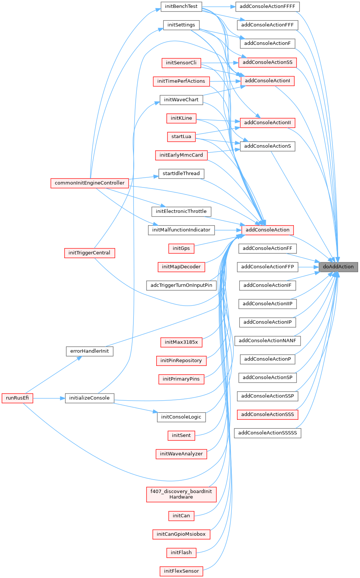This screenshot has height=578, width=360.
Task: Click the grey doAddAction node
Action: click(338, 267)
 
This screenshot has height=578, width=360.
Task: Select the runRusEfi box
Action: click(17, 398)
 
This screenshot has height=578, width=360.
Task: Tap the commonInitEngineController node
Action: click(89, 183)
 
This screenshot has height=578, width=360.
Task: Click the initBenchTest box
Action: click(181, 6)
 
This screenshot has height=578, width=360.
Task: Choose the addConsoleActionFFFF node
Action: click(267, 6)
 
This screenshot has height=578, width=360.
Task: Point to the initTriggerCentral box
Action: click(89, 253)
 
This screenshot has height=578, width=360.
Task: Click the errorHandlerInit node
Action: click(89, 351)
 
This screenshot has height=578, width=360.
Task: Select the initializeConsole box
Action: click(89, 398)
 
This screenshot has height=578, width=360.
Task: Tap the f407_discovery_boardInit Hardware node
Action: click(181, 494)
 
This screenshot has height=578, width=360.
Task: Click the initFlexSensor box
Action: click(181, 571)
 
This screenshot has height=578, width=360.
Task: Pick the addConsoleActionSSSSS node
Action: click(267, 433)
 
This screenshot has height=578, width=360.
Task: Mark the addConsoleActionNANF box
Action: click(267, 340)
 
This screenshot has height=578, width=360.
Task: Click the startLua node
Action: click(181, 137)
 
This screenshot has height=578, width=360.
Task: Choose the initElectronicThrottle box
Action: click(181, 211)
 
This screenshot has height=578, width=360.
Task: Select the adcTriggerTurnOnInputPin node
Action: click(181, 285)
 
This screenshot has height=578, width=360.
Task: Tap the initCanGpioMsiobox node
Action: click(181, 534)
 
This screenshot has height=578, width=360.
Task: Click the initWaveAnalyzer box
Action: click(181, 454)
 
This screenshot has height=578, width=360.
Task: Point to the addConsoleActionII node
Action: click(267, 123)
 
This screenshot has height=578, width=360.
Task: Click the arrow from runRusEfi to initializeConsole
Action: click(49, 398)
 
